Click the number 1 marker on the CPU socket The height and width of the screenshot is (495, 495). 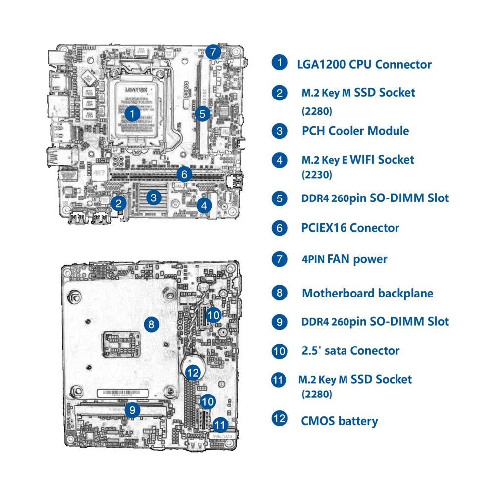[x=132, y=113]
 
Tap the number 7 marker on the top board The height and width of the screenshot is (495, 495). [x=212, y=51]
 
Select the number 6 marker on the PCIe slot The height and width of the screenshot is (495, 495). [x=184, y=174]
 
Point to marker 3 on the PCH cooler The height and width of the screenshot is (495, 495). [x=154, y=198]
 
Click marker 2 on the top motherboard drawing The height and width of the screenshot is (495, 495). [x=118, y=202]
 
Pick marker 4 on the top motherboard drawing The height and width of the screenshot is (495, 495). [x=204, y=204]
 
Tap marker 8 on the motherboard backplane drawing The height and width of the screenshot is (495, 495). [x=151, y=325]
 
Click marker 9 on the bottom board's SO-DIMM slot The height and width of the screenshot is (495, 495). [x=132, y=410]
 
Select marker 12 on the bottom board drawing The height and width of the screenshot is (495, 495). [x=193, y=372]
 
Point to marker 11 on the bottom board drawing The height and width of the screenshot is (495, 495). [x=221, y=424]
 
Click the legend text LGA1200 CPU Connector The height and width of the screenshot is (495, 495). [x=364, y=64]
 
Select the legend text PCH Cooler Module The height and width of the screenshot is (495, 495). [x=355, y=131]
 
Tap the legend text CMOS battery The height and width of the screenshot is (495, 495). [x=340, y=421]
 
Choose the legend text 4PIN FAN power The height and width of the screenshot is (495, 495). [x=345, y=259]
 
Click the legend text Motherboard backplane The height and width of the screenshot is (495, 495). [x=367, y=293]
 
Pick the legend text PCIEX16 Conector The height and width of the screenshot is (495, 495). [x=350, y=228]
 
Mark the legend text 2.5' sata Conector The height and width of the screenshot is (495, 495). [x=350, y=351]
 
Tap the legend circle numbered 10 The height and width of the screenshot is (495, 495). [x=280, y=351]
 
